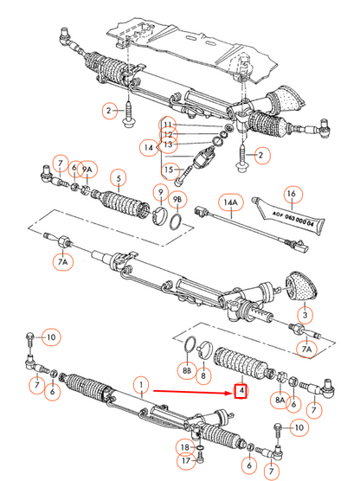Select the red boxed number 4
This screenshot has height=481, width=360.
(x=242, y=392)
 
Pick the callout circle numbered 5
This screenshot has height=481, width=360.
(x=120, y=180)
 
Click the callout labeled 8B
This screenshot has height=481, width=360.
(x=186, y=371)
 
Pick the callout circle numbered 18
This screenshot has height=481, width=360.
(x=184, y=446)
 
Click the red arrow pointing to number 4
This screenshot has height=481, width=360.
(x=190, y=391)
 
